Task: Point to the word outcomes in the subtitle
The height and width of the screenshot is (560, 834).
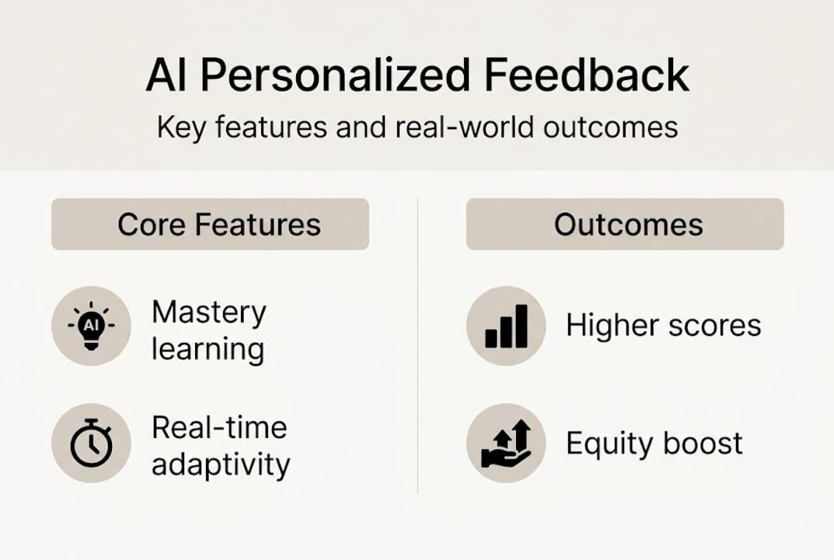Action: click(x=610, y=127)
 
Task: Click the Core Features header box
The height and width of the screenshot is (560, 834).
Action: click(x=210, y=225)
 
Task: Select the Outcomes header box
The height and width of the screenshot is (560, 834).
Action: click(x=625, y=225)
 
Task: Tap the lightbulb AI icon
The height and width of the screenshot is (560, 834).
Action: click(x=91, y=326)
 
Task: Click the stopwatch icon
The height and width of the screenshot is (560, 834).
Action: click(x=91, y=443)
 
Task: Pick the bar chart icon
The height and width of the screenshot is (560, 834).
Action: click(x=506, y=326)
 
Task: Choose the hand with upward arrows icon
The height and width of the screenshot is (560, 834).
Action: click(x=506, y=443)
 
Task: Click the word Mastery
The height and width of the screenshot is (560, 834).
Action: click(x=208, y=313)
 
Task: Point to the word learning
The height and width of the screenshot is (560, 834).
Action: click(x=208, y=350)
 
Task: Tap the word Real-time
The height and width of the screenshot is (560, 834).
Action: click(x=218, y=428)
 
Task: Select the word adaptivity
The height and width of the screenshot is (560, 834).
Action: click(x=220, y=465)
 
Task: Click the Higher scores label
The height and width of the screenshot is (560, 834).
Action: click(x=663, y=326)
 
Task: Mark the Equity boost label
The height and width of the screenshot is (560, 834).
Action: click(x=654, y=443)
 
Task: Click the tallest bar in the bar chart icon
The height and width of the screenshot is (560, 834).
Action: click(x=520, y=326)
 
